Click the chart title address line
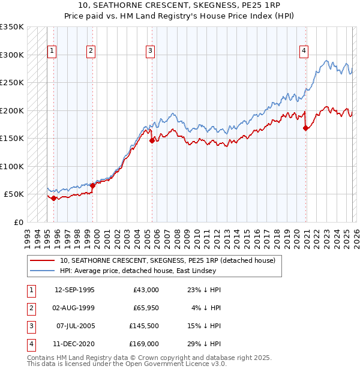click(x=180, y=5)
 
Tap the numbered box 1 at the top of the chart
click(x=52, y=51)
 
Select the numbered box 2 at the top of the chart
click(x=91, y=51)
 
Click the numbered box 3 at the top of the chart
click(x=149, y=51)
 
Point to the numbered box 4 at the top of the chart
click(x=304, y=51)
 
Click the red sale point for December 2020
click(x=305, y=128)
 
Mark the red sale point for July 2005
click(x=151, y=141)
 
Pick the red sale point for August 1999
click(x=92, y=185)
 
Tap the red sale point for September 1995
click(x=54, y=198)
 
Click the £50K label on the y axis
click(x=14, y=194)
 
